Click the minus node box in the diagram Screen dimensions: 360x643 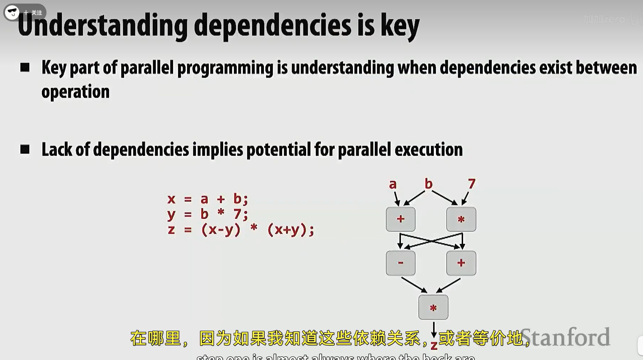click(x=401, y=263)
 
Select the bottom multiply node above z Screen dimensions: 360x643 click(x=433, y=307)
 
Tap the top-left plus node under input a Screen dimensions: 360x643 click(x=401, y=219)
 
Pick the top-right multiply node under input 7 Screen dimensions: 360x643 click(x=461, y=219)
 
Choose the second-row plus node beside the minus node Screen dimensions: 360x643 click(x=461, y=263)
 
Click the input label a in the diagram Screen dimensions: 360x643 click(x=393, y=184)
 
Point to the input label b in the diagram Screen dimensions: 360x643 click(x=428, y=184)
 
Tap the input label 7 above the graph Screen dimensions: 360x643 click(x=472, y=184)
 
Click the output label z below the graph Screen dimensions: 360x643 click(x=434, y=346)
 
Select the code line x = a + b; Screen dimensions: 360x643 click(x=207, y=199)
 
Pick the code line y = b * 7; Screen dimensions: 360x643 click(x=207, y=214)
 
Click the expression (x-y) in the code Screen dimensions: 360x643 click(x=221, y=229)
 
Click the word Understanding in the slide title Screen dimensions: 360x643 click(x=102, y=26)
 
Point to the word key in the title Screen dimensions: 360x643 click(x=399, y=26)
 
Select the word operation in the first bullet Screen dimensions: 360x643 click(x=75, y=92)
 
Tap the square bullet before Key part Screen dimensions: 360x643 click(x=25, y=67)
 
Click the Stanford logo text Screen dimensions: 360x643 click(x=565, y=337)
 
